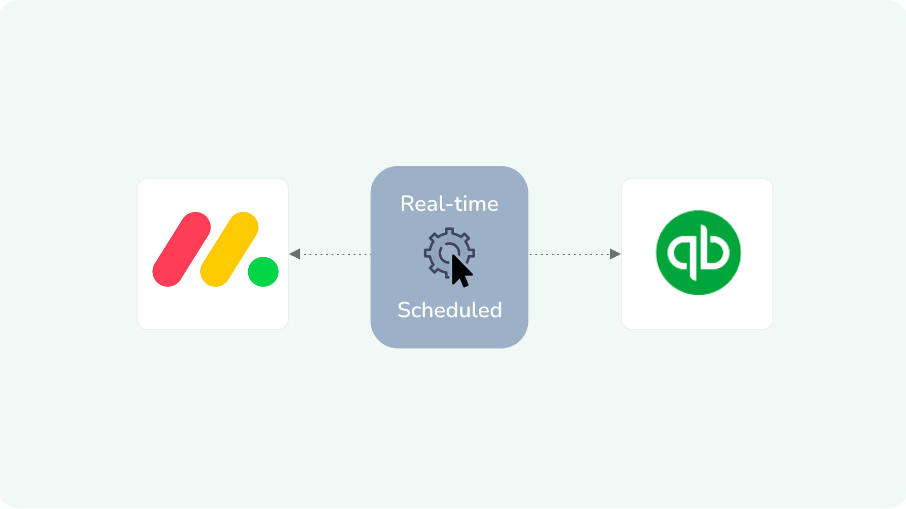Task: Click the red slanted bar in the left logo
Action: point(182,249)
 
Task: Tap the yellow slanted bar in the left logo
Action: point(229,249)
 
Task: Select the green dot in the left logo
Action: point(263,272)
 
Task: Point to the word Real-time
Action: point(449,204)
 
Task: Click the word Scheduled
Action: point(450,310)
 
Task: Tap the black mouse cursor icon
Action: point(461,271)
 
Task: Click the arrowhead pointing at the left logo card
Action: point(295,254)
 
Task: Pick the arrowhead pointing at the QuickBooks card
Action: point(615,254)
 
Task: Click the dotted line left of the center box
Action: point(335,254)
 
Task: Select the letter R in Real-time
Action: point(408,204)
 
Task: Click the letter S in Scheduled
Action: point(404,310)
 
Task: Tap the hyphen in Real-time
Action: point(450,206)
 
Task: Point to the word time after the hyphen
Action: point(476,204)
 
